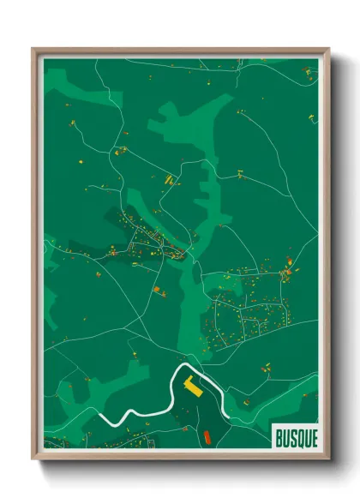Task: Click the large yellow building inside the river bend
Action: (x=194, y=387)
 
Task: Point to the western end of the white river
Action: (x=100, y=417)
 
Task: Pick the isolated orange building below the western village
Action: (x=157, y=290)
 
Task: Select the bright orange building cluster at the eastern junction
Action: (x=287, y=273)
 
